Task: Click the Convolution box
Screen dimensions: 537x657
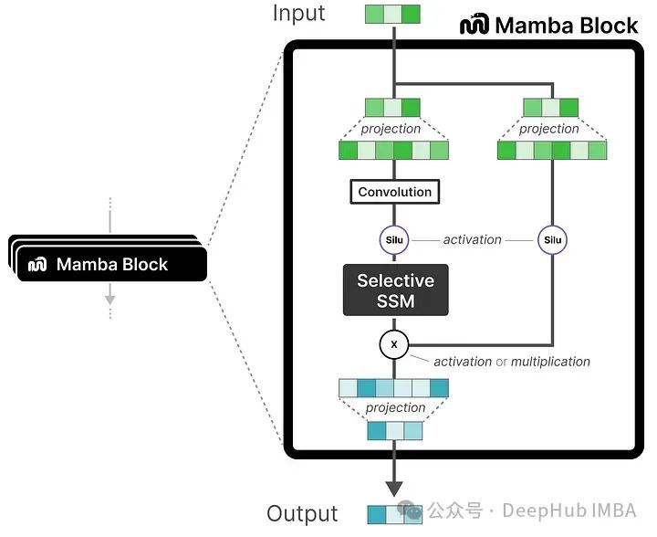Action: tap(394, 192)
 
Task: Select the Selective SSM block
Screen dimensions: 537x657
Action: tap(395, 290)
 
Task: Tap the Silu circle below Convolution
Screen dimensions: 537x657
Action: tap(394, 240)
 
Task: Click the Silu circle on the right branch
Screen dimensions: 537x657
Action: tap(551, 240)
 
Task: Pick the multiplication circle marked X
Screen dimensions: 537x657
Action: tap(394, 344)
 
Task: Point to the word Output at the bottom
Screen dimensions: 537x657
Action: tap(302, 514)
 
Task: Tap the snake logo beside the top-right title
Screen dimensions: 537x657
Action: tap(474, 25)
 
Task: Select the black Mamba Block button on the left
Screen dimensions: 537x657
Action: tap(110, 265)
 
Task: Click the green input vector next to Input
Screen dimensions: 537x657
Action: tap(392, 14)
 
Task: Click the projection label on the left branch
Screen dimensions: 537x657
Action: tap(391, 129)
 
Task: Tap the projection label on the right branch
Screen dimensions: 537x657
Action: tap(548, 129)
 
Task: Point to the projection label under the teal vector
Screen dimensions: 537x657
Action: tap(395, 407)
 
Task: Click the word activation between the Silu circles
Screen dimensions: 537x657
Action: tap(472, 239)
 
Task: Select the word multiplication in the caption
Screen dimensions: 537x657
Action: tap(550, 362)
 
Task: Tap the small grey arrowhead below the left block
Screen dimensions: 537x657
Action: tap(109, 298)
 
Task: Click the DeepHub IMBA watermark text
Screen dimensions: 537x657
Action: tap(568, 510)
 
